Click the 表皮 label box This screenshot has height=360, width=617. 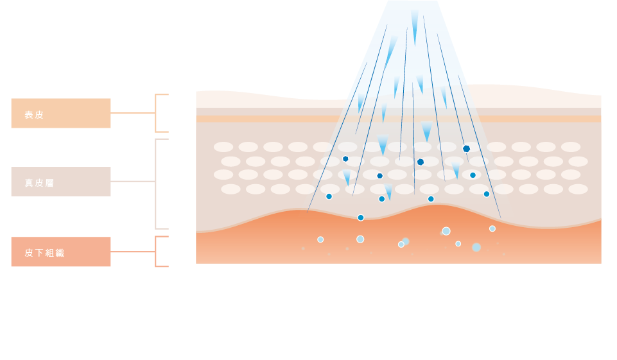click(x=61, y=114)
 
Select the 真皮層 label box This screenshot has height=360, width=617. click(x=61, y=182)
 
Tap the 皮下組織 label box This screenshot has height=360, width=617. click(x=61, y=252)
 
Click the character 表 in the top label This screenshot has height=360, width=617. click(x=29, y=115)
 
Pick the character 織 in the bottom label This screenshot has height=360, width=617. click(x=60, y=253)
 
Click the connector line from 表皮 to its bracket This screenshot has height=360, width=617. click(x=133, y=113)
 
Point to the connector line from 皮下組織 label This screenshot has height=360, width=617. click(x=133, y=252)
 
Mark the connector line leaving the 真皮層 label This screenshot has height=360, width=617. click(x=133, y=182)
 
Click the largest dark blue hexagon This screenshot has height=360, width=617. click(x=467, y=149)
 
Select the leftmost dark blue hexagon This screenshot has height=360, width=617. click(x=345, y=159)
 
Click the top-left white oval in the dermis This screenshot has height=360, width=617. click(x=223, y=147)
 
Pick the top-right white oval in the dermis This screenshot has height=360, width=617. click(x=571, y=147)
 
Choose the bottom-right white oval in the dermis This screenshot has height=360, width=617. click(x=578, y=189)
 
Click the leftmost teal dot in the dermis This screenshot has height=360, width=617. click(x=329, y=196)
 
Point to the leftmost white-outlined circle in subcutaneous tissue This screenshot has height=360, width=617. click(x=320, y=239)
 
